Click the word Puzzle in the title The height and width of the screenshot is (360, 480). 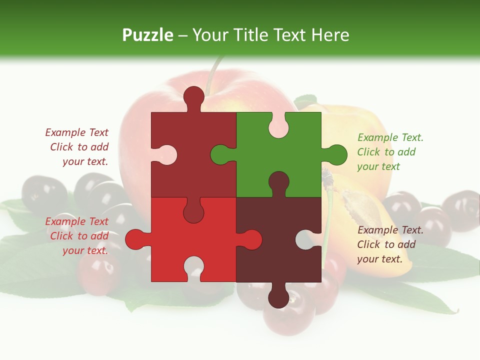[x=148, y=35]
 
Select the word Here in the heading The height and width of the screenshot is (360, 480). [x=330, y=35]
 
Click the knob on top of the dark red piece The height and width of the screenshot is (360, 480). [x=194, y=97]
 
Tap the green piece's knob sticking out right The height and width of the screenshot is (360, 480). [x=337, y=154]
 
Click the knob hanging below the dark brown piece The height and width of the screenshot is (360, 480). [x=278, y=298]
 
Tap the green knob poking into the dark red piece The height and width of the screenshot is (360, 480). [x=220, y=154]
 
